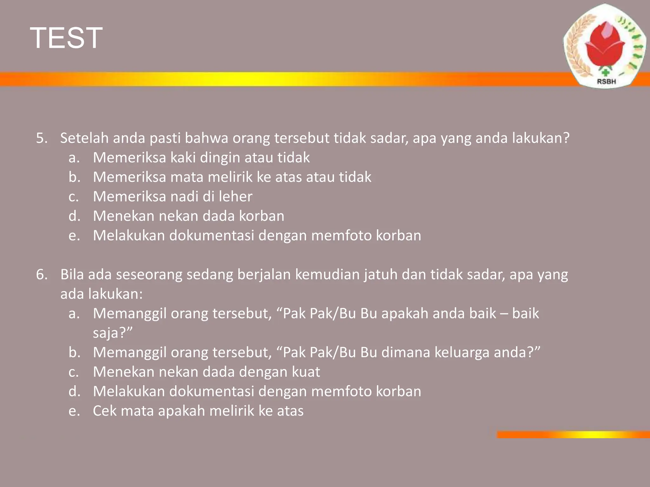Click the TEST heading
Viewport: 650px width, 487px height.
click(66, 38)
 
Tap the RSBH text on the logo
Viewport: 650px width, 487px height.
click(606, 81)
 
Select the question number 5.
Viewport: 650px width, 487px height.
click(42, 138)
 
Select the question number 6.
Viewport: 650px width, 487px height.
click(42, 275)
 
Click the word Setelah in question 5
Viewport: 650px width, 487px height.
click(84, 138)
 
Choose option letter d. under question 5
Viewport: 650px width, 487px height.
click(74, 216)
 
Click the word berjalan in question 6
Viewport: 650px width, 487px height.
click(264, 275)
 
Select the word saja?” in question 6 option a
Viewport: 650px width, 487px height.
click(112, 333)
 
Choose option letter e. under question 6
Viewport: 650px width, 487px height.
click(74, 411)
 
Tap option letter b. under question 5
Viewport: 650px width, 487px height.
click(74, 177)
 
